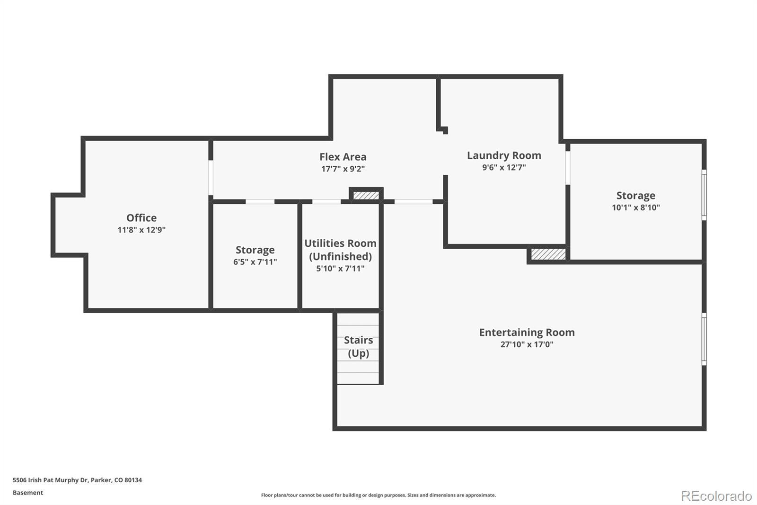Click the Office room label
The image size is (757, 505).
tap(141, 217)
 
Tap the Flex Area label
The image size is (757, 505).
tap(343, 157)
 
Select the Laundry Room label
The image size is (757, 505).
tap(504, 155)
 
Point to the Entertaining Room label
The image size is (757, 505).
tap(527, 333)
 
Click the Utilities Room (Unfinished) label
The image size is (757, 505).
tap(340, 250)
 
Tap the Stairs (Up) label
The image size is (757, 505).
tap(358, 347)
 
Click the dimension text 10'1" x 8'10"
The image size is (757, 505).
tap(636, 207)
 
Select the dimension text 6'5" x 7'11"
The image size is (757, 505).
tap(255, 262)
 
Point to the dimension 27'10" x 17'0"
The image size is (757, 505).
tap(527, 344)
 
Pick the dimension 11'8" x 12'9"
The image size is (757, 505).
tap(141, 230)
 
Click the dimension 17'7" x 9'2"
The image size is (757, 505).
tap(343, 169)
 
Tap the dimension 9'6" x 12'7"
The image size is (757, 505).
tap(504, 167)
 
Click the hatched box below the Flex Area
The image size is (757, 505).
tap(366, 195)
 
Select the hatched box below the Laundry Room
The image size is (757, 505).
tap(548, 254)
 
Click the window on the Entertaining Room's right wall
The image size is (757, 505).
tap(704, 339)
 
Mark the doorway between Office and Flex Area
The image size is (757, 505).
tap(211, 177)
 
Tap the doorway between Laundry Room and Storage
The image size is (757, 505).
tap(568, 168)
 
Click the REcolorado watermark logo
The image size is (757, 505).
tap(716, 496)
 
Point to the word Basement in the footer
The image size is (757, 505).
tap(28, 493)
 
